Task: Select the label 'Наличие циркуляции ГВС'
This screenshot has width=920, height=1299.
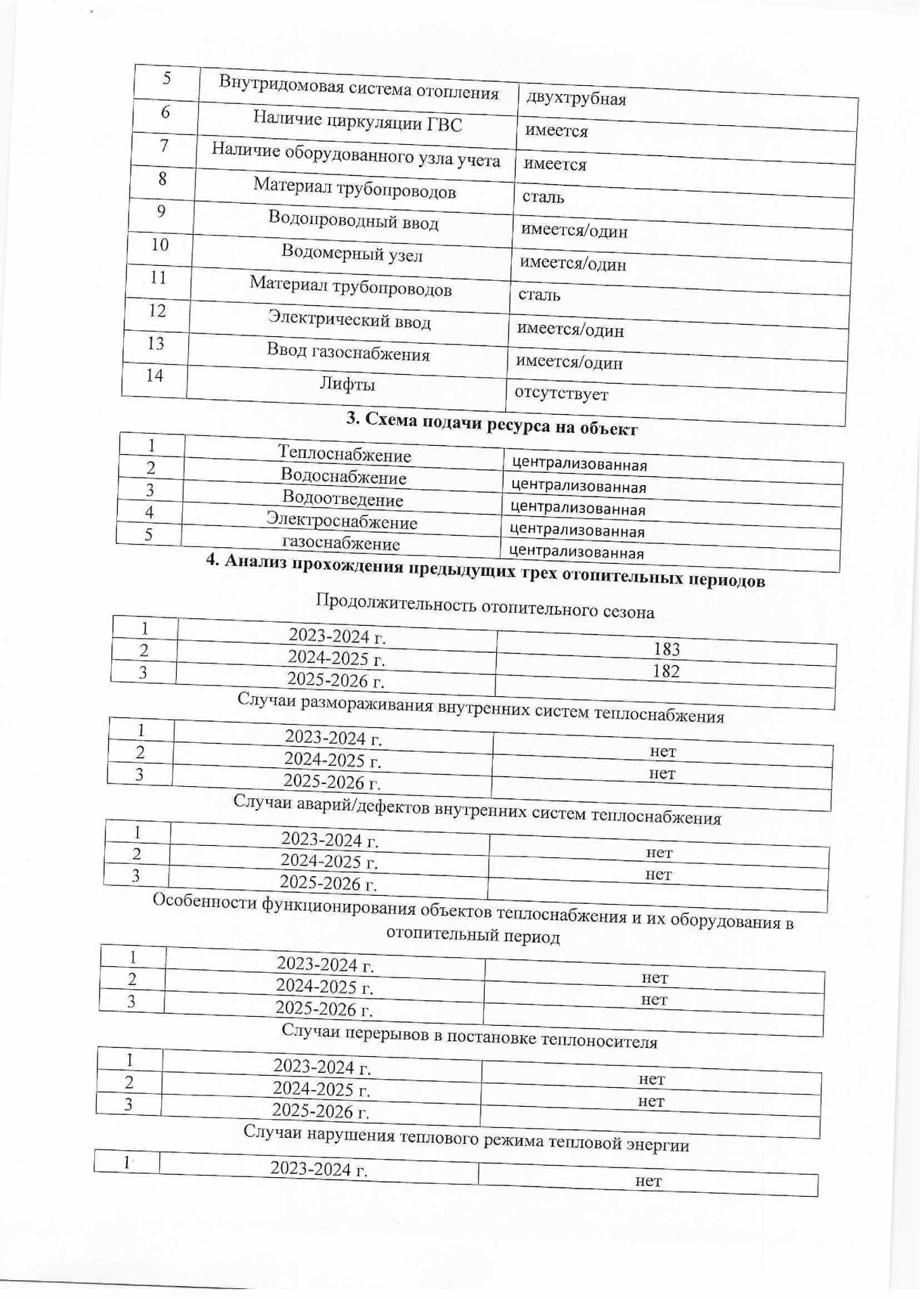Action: click(357, 122)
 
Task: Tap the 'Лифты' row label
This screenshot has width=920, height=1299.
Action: click(347, 385)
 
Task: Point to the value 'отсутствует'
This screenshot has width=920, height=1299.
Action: click(561, 394)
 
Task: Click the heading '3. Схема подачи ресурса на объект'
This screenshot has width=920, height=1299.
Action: click(492, 425)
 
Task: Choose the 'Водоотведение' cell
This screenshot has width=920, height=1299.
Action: click(343, 499)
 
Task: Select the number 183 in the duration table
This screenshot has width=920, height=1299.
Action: click(666, 649)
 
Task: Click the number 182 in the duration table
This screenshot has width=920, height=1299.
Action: click(666, 672)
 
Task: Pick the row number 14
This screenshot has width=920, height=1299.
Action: click(155, 375)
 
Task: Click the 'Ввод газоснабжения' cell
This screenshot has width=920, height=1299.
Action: click(348, 352)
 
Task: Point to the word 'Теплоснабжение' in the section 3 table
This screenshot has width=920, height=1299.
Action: click(345, 454)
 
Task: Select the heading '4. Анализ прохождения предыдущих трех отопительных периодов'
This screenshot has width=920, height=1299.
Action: click(485, 571)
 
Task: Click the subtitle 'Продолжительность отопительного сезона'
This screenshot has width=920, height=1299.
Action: click(485, 607)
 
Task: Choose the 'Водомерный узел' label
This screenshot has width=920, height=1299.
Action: click(352, 254)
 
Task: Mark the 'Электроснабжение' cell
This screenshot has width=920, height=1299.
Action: click(341, 522)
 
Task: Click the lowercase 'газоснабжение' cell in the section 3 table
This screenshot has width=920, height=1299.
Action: click(341, 543)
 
